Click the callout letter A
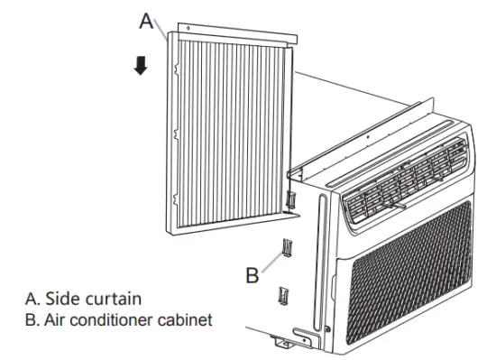147,21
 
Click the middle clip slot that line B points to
287,246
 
